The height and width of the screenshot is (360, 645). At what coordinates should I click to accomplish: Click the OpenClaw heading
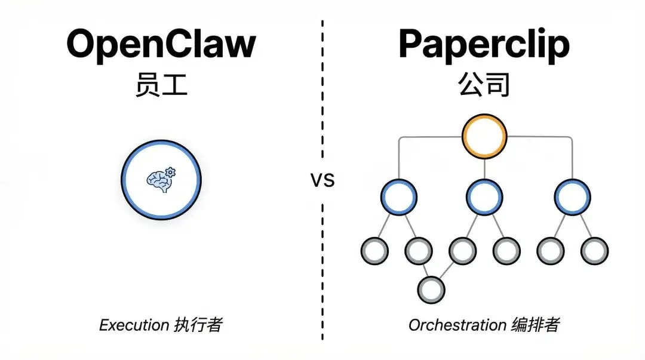tap(161, 45)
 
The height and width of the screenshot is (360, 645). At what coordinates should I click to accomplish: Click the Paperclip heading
tap(484, 45)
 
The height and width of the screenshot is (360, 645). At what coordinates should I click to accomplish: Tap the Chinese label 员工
tap(161, 86)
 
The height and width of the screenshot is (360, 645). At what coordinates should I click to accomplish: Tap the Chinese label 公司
tap(484, 86)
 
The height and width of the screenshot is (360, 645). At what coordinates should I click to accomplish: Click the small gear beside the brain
tap(170, 173)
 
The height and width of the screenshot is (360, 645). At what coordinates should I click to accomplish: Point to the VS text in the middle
tap(322, 180)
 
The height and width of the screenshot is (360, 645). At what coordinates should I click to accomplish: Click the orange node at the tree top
tap(484, 136)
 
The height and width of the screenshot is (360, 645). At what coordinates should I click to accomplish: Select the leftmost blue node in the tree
tap(398, 197)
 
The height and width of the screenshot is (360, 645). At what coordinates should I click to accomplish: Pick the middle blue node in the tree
tap(484, 197)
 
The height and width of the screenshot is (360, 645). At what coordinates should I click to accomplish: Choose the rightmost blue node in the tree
tap(572, 197)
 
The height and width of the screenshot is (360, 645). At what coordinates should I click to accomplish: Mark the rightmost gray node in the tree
tap(594, 251)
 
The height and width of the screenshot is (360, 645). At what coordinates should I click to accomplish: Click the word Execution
tap(134, 325)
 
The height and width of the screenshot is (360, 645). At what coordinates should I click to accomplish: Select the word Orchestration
tap(457, 325)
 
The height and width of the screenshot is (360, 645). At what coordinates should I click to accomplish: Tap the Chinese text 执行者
tap(198, 325)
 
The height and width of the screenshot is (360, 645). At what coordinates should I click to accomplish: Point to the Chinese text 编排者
tap(535, 325)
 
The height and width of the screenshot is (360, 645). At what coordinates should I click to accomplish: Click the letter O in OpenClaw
tap(82, 44)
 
